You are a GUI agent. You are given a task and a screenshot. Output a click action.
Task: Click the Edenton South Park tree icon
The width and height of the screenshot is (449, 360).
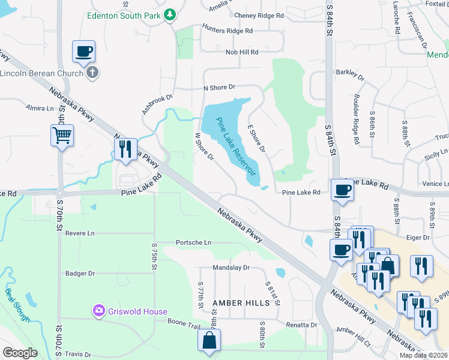(170, 14)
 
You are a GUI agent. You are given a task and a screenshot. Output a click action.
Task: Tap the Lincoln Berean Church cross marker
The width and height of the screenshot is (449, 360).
(91, 73)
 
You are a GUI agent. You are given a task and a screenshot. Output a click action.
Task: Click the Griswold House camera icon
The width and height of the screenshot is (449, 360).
(98, 310)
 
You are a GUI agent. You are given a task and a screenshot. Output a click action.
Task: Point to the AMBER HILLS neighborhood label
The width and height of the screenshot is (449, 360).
(241, 303)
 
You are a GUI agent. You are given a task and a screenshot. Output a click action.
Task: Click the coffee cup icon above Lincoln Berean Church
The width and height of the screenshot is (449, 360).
(83, 51)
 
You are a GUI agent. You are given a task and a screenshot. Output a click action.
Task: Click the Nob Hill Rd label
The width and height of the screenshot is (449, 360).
(242, 52)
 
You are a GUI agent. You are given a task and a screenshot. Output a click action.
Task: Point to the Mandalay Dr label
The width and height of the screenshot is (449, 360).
(231, 268)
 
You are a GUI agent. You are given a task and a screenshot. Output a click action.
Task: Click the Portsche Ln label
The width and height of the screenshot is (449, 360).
(193, 242)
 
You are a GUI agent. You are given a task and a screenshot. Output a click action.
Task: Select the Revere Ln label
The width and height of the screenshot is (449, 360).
(80, 233)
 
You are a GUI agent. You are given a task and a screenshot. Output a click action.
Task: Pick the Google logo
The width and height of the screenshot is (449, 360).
(20, 352)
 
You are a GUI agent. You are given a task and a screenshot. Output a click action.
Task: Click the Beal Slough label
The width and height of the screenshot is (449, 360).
(17, 305)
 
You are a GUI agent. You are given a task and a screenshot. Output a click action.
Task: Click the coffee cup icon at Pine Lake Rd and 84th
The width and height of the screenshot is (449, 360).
(342, 190)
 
